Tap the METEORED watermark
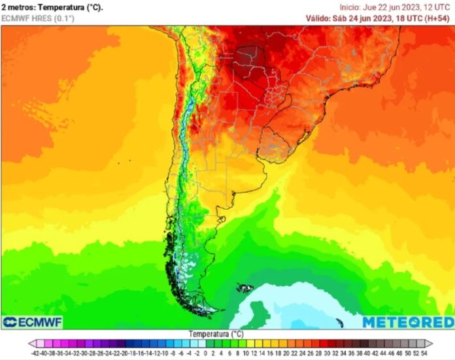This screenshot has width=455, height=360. tap(407, 322)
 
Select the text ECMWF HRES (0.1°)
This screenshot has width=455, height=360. tap(38, 18)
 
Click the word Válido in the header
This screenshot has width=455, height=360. tap(320, 18)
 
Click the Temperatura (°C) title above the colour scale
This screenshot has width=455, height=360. tap(216, 334)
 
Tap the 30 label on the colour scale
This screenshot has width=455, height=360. tap(326, 352)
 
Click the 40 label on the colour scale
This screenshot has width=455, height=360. tap(365, 352)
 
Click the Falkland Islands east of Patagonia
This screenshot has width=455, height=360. tap(246, 287)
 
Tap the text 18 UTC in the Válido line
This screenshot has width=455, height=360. tap(409, 18)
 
